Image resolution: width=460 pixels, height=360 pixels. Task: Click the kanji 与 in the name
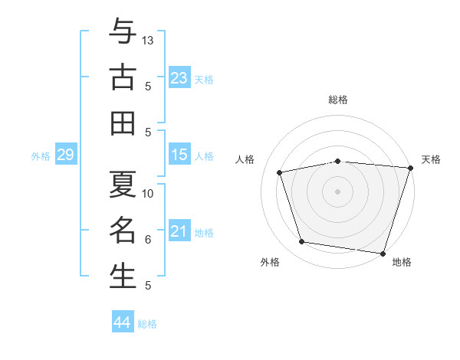tap(123, 31)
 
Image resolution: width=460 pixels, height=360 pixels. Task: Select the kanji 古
tap(123, 77)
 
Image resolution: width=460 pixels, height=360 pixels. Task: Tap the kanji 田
tap(123, 123)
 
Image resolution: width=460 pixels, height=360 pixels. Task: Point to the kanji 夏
tap(123, 184)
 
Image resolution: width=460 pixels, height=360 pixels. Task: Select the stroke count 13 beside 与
tap(147, 41)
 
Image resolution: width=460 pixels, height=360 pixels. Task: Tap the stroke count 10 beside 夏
tap(147, 194)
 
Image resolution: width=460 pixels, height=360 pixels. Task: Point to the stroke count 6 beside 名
tap(148, 240)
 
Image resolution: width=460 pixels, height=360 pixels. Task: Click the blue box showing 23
tap(179, 77)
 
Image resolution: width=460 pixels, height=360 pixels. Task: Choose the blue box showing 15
tap(179, 154)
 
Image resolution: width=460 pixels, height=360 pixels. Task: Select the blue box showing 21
tap(179, 230)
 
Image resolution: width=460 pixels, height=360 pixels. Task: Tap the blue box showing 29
tap(66, 154)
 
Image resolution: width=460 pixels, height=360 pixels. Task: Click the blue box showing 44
tap(123, 321)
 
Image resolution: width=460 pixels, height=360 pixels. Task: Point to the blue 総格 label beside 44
tap(147, 324)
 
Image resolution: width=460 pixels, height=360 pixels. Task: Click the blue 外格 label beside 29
tap(41, 156)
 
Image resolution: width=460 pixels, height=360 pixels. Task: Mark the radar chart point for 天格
tap(411, 168)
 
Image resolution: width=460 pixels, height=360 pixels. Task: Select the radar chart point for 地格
tap(383, 254)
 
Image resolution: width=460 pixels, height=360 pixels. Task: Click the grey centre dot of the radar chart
tap(337, 191)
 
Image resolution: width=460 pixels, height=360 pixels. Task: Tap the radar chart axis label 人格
tap(245, 159)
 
